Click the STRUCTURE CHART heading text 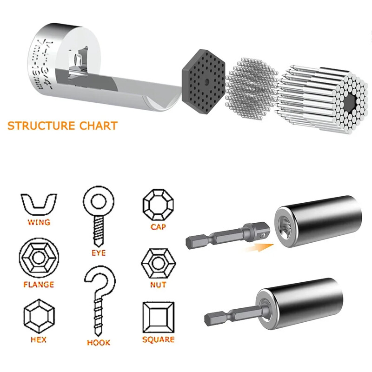tap(62, 126)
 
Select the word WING tap(39, 222)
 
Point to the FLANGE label tap(39, 284)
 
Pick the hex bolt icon tap(39, 317)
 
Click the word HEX tap(39, 339)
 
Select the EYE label tap(99, 253)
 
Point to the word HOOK tap(99, 343)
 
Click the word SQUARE tap(158, 340)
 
